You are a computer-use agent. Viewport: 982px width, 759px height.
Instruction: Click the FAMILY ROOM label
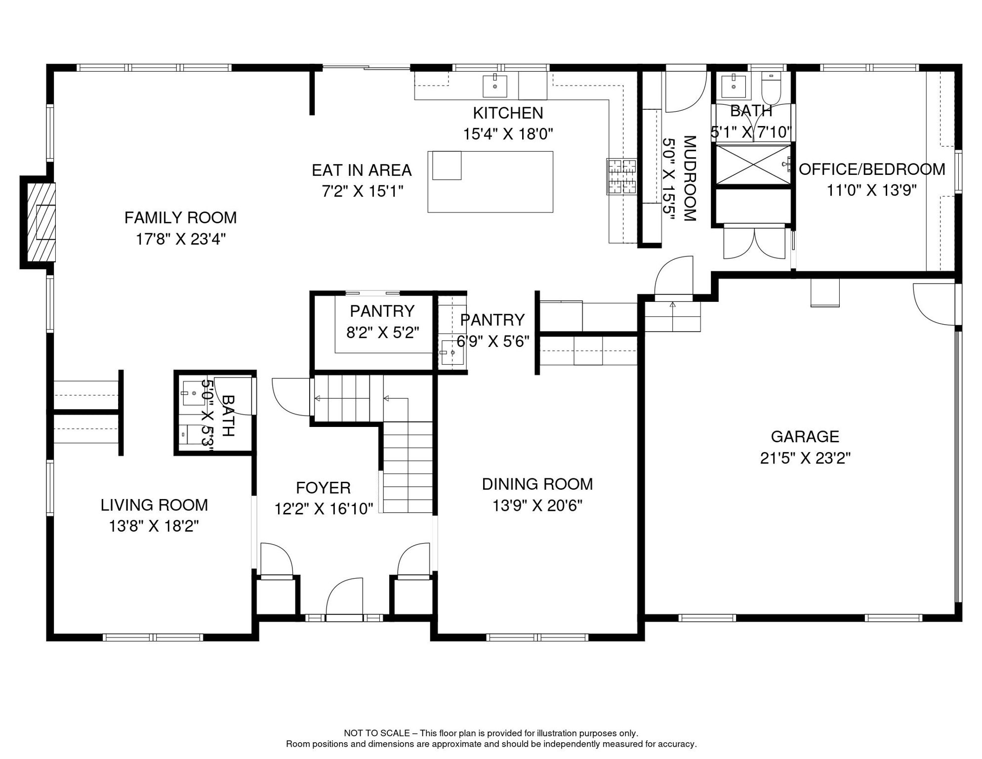click(180, 217)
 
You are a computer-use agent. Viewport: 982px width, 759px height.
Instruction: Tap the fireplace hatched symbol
click(41, 222)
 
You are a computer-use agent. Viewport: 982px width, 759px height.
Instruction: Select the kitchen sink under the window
click(495, 86)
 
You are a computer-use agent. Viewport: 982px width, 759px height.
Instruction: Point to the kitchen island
click(490, 182)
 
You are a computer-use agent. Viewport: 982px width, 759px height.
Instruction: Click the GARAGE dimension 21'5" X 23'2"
click(805, 458)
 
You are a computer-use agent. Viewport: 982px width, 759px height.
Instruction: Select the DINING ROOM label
click(537, 484)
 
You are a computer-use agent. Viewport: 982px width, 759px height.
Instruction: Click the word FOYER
click(323, 488)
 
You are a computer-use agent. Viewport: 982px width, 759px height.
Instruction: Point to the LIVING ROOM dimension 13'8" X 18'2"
click(154, 526)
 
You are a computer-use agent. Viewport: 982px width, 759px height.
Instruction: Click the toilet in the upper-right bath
click(771, 87)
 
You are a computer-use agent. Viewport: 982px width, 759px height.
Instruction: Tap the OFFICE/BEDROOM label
click(872, 169)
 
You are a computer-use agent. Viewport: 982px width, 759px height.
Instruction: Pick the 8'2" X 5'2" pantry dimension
click(382, 333)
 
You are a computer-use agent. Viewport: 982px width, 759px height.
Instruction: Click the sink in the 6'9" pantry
click(451, 352)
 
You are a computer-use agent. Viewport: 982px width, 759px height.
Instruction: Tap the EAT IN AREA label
click(362, 170)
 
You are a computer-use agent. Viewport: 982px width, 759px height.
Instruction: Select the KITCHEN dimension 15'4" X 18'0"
click(508, 134)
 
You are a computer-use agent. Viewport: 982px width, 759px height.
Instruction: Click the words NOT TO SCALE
click(377, 733)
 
